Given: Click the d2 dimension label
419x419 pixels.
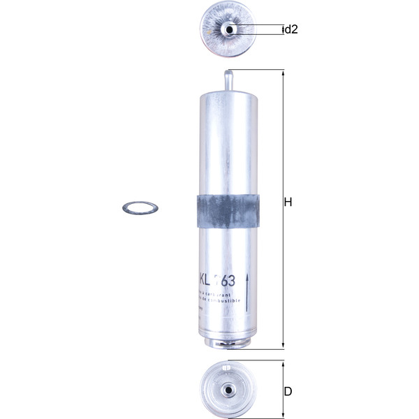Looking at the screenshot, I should pos(291,29).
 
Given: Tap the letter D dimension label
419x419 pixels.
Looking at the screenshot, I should pos(288,392).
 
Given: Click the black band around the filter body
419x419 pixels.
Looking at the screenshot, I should pos(226,209).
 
